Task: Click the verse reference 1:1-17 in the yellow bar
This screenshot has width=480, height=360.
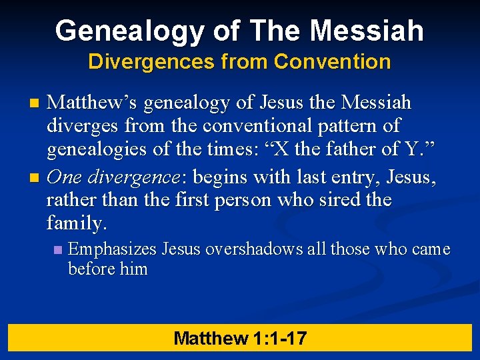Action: pos(280,338)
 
